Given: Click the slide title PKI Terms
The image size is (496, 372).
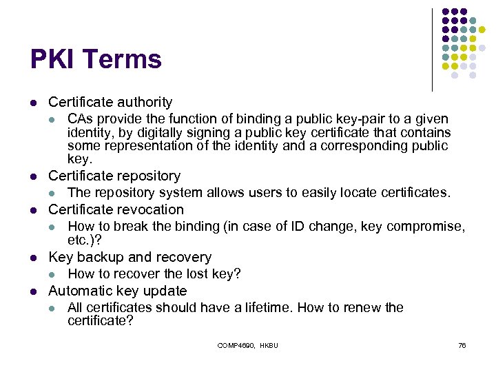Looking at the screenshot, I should [x=96, y=59].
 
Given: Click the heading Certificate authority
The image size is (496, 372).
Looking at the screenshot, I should [x=110, y=103].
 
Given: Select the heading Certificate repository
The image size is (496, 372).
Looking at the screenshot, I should [x=114, y=176].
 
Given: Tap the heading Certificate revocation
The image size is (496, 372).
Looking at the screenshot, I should [x=116, y=209].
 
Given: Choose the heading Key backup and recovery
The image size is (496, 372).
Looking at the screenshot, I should [x=130, y=257].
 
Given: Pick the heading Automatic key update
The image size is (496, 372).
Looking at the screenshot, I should [x=117, y=291].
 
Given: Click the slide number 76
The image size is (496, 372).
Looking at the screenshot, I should [x=462, y=345].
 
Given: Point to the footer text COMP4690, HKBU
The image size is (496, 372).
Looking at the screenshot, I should [x=247, y=345].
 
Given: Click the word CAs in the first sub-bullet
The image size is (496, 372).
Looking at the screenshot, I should [x=79, y=119].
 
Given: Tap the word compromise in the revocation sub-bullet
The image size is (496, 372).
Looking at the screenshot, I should [x=431, y=227].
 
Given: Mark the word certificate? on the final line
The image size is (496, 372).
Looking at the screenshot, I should [x=100, y=320].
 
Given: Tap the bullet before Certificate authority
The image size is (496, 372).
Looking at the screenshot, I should [x=32, y=103].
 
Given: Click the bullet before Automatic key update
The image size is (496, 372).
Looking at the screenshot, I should [x=32, y=291].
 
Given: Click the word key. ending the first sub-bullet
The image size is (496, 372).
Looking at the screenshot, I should [x=79, y=159].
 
